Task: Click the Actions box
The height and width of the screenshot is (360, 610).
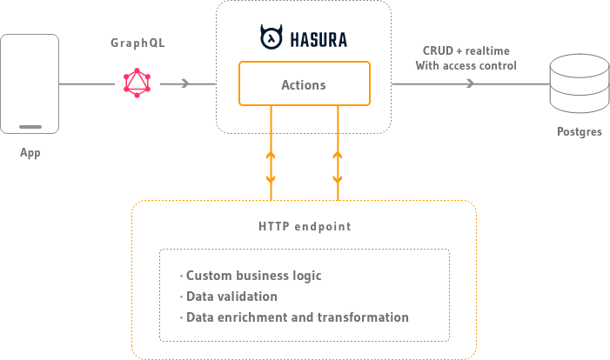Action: point(304,84)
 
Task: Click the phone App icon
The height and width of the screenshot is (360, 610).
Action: point(30,83)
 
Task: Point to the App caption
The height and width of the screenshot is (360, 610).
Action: point(30,153)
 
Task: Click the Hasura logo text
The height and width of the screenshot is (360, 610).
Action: point(304,37)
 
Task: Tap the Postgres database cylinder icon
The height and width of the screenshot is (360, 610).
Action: point(577,84)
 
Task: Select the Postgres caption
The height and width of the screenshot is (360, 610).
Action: point(579,132)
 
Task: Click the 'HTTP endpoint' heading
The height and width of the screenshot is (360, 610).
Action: point(305,226)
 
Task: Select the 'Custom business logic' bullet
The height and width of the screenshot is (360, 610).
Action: point(253,276)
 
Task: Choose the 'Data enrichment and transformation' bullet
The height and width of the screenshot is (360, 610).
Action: point(297,317)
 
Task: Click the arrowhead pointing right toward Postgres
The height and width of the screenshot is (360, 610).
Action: point(470,83)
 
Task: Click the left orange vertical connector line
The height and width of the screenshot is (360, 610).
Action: point(271,152)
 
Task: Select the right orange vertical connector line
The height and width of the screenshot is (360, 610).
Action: point(338,152)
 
